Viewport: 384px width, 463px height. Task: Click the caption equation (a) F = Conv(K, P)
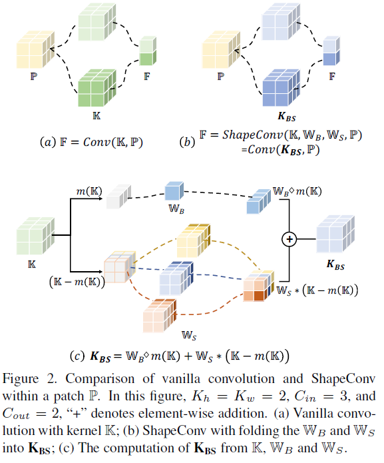coord(100,143)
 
